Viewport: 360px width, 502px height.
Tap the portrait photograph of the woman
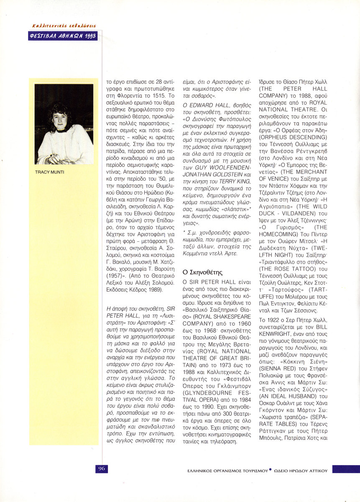(x=64, y=124)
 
